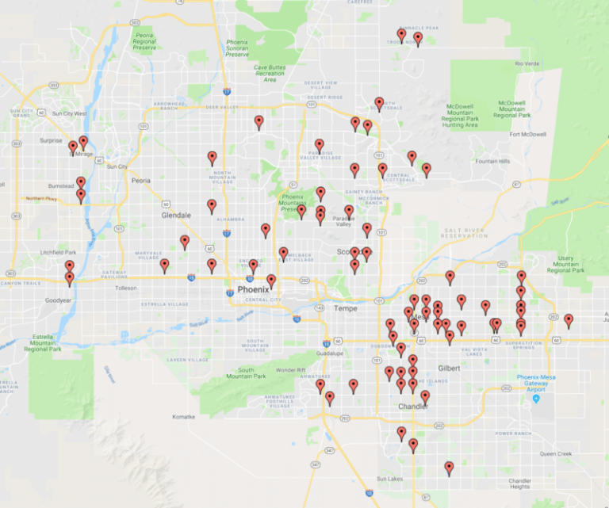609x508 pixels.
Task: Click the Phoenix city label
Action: click(253, 290)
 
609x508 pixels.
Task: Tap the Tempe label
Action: click(346, 307)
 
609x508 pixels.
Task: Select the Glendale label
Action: click(176, 215)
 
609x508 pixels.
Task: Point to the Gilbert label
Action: click(449, 369)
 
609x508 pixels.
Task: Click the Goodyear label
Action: click(59, 301)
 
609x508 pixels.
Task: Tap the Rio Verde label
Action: click(527, 63)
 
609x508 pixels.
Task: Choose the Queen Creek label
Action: click(556, 454)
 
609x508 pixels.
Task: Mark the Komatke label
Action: click(183, 416)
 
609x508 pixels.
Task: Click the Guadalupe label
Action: click(327, 353)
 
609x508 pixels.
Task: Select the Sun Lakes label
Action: click(390, 479)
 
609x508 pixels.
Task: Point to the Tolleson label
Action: click(126, 288)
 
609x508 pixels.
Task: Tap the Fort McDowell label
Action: click(528, 135)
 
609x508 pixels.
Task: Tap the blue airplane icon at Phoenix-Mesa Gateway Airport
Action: click(536, 399)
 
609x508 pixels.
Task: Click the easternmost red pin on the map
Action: click(569, 319)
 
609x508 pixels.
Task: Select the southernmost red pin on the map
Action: click(449, 467)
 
